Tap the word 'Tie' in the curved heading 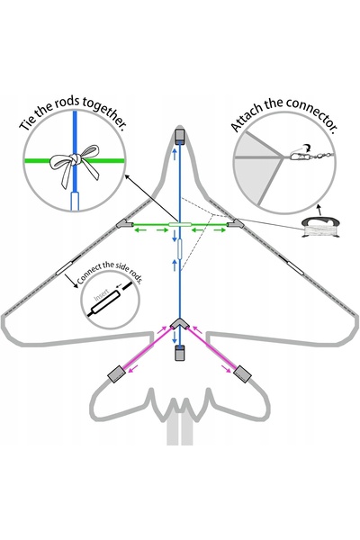29,123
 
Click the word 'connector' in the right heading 310,113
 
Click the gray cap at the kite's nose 179,137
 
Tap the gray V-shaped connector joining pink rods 179,324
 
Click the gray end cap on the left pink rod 117,373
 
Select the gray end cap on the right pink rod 242,374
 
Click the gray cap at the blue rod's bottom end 179,353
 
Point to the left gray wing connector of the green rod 125,224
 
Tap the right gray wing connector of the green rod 236,224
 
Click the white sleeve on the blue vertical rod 179,248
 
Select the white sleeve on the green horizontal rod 179,224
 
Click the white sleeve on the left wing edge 65,267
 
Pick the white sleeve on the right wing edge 295,267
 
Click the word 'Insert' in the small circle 102,295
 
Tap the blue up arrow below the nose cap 175,154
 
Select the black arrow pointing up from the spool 319,211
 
